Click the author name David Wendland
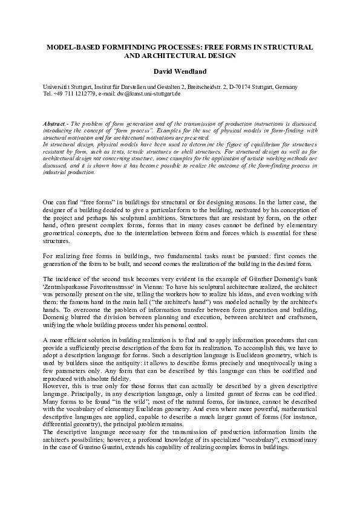point(179,71)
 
